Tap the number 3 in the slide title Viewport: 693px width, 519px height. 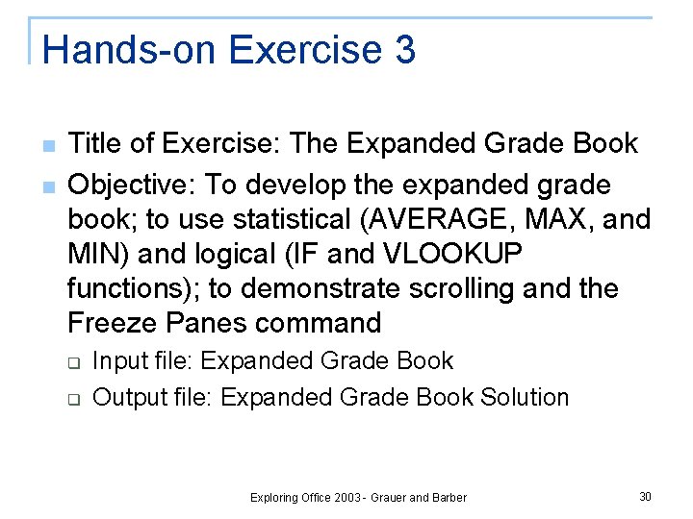coord(404,50)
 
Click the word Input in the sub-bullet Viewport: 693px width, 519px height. coord(120,361)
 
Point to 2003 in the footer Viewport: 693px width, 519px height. coord(346,498)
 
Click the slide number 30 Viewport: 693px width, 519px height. coord(645,496)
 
